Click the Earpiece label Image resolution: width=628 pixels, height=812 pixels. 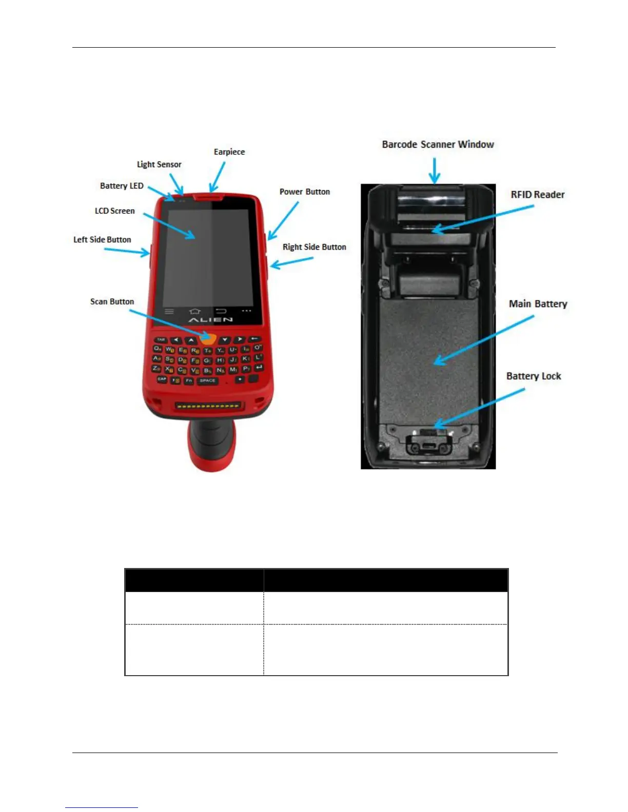click(x=229, y=152)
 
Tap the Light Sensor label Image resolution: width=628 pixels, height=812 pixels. click(x=159, y=165)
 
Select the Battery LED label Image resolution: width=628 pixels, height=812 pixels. click(x=122, y=186)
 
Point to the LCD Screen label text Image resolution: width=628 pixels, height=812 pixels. click(x=114, y=211)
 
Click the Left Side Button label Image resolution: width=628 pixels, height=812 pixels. click(x=102, y=239)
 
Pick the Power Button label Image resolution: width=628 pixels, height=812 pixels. click(x=304, y=192)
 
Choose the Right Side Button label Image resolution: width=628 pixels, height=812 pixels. click(x=314, y=247)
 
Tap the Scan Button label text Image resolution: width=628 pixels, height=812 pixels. click(x=112, y=301)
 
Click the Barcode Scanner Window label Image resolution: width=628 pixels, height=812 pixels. click(x=438, y=145)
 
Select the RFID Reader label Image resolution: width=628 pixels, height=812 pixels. click(x=537, y=195)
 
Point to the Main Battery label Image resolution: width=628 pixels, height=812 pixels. click(x=538, y=304)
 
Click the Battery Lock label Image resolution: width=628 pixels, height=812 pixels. click(x=534, y=376)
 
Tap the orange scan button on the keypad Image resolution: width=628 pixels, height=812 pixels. click(x=208, y=339)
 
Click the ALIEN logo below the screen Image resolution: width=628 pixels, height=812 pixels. click(x=210, y=320)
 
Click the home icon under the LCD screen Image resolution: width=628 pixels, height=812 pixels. click(x=194, y=311)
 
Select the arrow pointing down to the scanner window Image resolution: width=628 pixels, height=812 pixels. click(x=435, y=170)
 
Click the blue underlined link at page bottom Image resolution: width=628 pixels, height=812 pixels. click(x=102, y=807)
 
